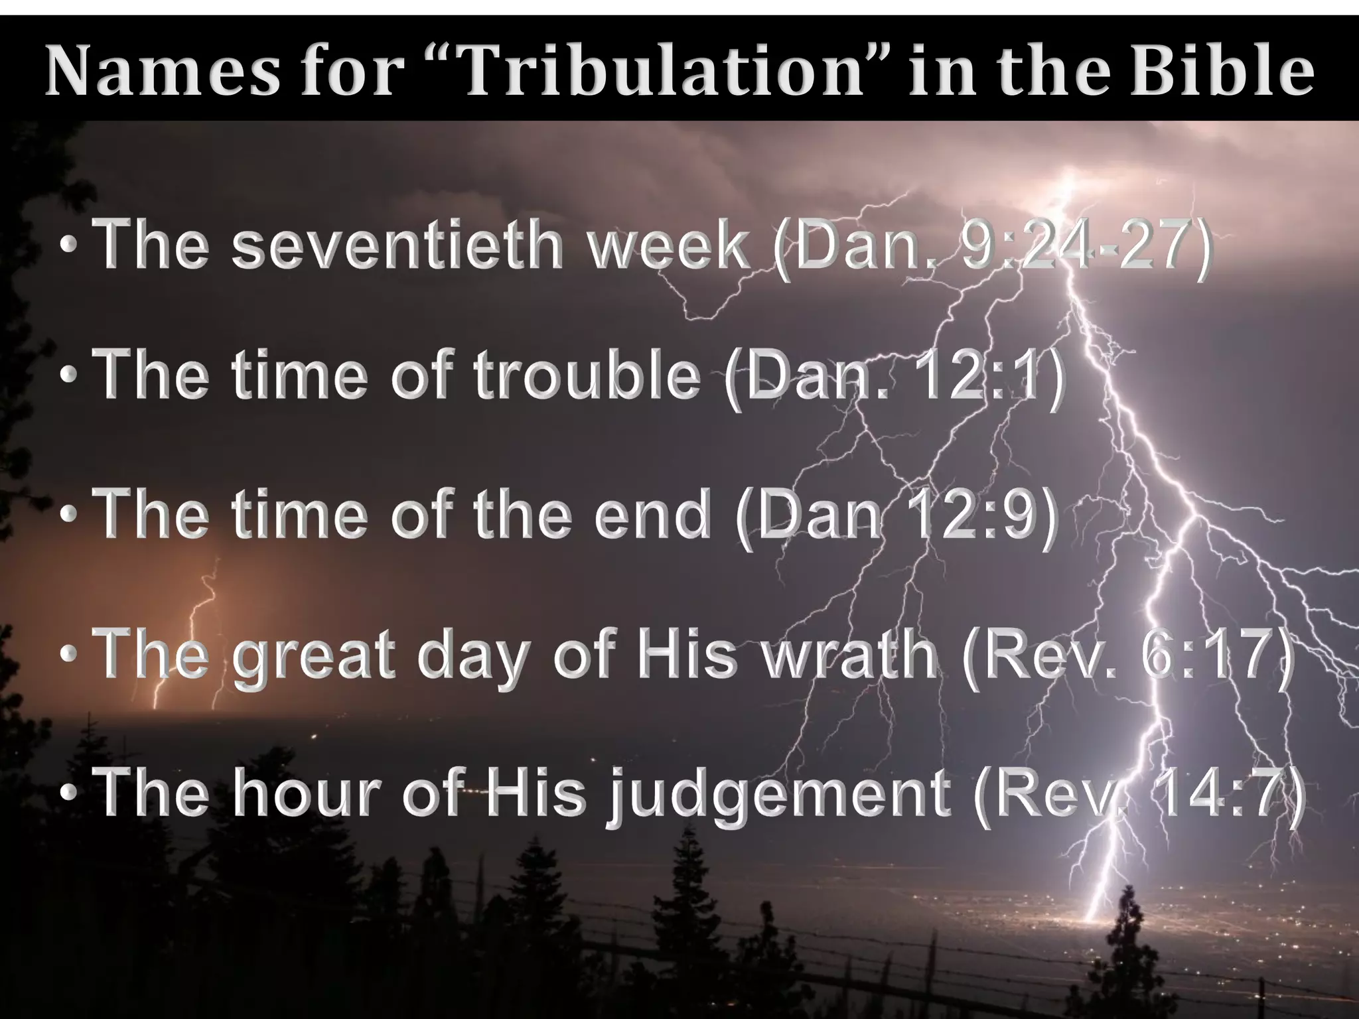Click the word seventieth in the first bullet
399,247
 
